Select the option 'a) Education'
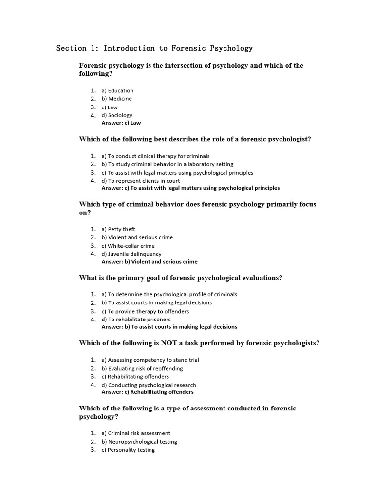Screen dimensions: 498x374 click(117, 91)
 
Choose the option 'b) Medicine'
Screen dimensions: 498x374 click(117, 99)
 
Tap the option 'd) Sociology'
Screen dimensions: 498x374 click(117, 116)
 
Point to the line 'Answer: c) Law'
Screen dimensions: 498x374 click(121, 123)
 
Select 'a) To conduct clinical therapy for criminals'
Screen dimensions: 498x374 click(155, 156)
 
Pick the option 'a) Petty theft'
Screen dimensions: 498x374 click(118, 230)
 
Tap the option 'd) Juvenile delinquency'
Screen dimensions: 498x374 click(131, 254)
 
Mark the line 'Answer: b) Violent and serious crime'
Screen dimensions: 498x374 click(150, 262)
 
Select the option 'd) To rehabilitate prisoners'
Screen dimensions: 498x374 click(136, 320)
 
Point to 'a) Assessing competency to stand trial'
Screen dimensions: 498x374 click(150, 360)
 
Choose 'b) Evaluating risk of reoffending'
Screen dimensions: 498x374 click(142, 369)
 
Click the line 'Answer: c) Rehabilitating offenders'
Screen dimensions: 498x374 click(148, 392)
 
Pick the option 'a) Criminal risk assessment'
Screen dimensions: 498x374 click(136, 433)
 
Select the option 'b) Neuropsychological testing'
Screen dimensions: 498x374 click(139, 442)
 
